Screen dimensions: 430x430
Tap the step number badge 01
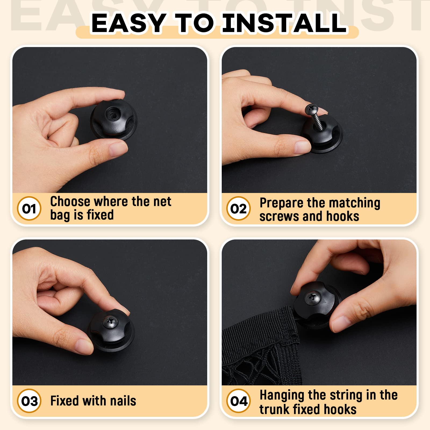(29, 209)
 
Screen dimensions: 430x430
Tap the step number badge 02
(238, 209)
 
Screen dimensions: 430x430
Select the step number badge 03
(29, 401)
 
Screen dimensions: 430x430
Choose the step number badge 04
(238, 401)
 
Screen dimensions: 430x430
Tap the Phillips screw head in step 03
(110, 321)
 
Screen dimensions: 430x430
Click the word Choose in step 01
(70, 202)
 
